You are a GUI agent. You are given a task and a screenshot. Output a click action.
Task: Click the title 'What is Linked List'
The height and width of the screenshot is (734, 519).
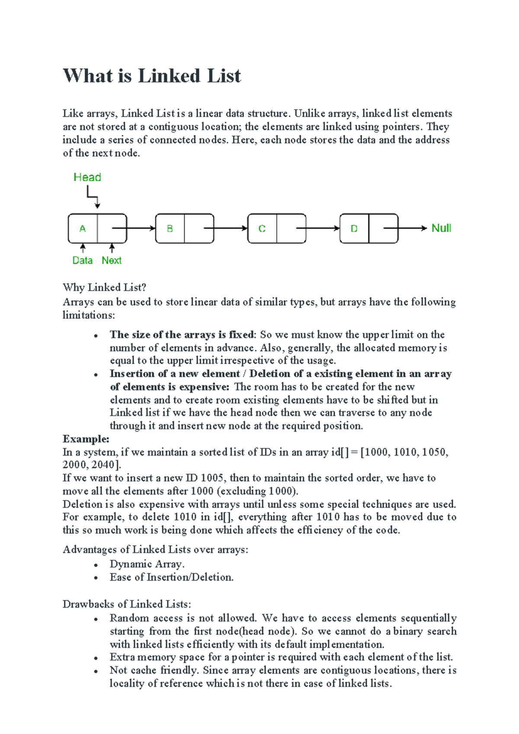point(152,76)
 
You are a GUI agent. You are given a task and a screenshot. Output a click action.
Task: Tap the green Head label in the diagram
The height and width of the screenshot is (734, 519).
point(87,177)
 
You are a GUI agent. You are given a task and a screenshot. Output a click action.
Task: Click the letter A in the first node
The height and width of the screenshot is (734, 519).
point(83,229)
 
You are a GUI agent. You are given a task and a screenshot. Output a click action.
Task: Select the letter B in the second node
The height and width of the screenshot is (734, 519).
point(170,229)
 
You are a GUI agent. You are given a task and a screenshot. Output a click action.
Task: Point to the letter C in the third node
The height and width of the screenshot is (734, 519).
point(262,229)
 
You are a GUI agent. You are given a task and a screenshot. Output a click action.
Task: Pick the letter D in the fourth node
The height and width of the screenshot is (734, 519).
point(354,229)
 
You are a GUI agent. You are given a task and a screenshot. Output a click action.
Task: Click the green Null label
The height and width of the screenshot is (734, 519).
point(441,228)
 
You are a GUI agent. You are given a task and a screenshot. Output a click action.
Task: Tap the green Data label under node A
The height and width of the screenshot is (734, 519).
point(82,260)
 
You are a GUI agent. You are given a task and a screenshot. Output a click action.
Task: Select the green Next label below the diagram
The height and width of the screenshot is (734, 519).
point(112,260)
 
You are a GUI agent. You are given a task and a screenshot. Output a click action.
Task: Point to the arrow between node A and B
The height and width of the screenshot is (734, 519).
point(141,228)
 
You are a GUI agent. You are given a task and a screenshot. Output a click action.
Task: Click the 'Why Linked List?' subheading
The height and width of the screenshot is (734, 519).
point(104,288)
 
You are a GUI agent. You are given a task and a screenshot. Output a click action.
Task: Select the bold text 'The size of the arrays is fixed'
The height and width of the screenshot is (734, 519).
point(182,335)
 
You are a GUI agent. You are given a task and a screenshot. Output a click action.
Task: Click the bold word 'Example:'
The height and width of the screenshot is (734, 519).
point(86,439)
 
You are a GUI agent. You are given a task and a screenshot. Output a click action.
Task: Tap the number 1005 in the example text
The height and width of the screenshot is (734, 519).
point(212,478)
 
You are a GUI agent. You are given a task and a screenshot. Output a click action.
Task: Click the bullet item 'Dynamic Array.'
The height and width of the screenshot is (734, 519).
point(147,564)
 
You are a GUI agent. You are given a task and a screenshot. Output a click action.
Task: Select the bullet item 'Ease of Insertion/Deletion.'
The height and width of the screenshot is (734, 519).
point(171,577)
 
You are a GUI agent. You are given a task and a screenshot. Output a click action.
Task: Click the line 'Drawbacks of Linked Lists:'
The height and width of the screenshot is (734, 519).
point(127,604)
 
